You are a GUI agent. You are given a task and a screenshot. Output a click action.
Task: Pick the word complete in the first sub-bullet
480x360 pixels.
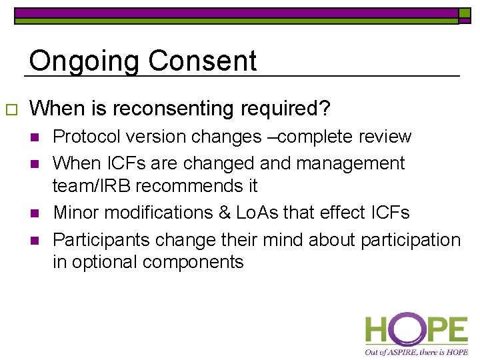319,137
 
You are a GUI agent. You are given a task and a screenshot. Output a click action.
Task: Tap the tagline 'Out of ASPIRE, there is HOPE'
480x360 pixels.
416,351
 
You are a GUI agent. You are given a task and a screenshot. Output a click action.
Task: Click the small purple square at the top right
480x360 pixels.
464,13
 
